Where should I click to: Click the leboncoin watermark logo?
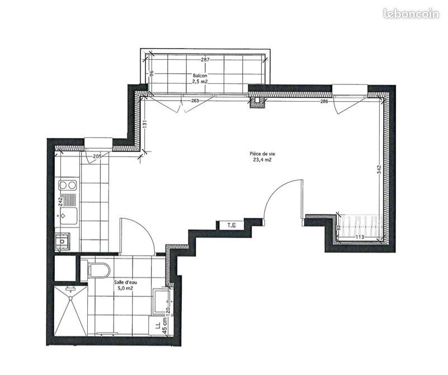[x=411, y=13]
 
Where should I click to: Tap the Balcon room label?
[x=200, y=75]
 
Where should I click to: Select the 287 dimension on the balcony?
[x=205, y=60]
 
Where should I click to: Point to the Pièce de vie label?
[x=262, y=154]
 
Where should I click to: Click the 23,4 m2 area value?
[x=262, y=160]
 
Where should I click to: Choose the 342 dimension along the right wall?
[x=379, y=170]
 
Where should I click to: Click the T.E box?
[x=232, y=225]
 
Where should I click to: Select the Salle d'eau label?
[x=125, y=283]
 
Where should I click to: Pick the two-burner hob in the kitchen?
[x=68, y=186]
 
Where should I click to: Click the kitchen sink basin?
[x=68, y=216]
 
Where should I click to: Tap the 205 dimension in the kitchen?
[x=97, y=156]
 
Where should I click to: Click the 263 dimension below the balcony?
[x=195, y=101]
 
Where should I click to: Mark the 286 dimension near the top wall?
[x=324, y=101]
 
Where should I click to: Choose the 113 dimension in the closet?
[x=360, y=237]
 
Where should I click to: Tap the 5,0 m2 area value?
[x=125, y=288]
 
